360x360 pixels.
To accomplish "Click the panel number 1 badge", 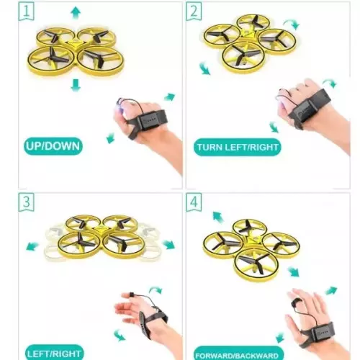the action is pos(26,11).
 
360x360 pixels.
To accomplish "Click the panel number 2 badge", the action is pos(194,11).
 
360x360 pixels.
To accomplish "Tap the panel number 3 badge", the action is pos(26,202).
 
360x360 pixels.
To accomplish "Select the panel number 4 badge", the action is pos(194,202).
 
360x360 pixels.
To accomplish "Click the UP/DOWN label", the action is pos(53,146).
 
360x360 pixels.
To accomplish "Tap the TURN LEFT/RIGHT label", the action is pos(238,147).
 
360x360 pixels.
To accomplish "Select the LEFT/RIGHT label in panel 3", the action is pos(54,354).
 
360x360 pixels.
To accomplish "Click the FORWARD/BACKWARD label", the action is pos(238,354).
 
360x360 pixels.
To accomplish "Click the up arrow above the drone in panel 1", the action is pos(76,12).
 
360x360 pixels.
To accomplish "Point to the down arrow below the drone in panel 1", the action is pos(76,85).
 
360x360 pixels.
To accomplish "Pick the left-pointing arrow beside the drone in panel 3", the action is pos(32,246).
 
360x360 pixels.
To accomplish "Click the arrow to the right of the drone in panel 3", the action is pos(169,244).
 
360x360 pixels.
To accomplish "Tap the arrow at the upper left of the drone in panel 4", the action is pos(218,217).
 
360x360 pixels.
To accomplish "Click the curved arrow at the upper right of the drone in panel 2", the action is pos(292,24).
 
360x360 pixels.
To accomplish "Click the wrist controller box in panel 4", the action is pos(323,332).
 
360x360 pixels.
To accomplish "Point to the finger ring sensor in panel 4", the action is pos(295,302).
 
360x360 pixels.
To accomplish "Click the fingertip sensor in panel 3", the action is pos(131,294).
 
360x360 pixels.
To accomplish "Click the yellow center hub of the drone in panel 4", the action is pos(252,240).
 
